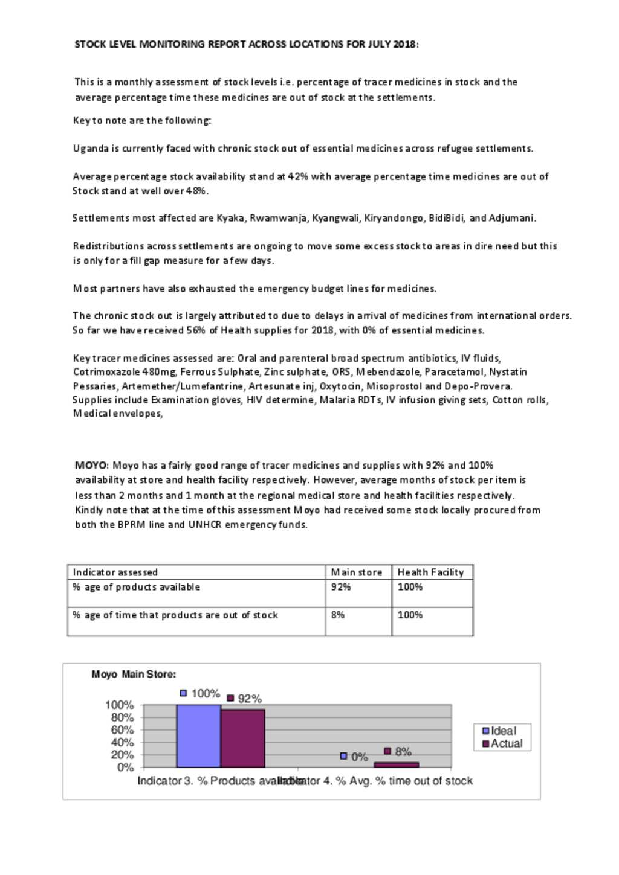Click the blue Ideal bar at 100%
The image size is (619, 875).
[198, 736]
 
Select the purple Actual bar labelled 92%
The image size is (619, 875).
[243, 738]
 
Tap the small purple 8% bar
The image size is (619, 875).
[396, 764]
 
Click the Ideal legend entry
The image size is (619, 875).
[500, 731]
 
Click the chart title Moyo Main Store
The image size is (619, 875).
[134, 675]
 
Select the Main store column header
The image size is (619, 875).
[356, 572]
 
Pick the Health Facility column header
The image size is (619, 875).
[430, 572]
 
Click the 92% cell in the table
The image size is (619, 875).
[341, 587]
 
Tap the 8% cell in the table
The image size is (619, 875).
[338, 615]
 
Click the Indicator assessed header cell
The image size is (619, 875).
[115, 572]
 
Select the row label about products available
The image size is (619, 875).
[136, 587]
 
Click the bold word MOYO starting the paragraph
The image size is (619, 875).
[91, 466]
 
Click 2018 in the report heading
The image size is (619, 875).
[404, 44]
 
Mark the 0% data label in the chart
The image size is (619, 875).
[359, 757]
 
